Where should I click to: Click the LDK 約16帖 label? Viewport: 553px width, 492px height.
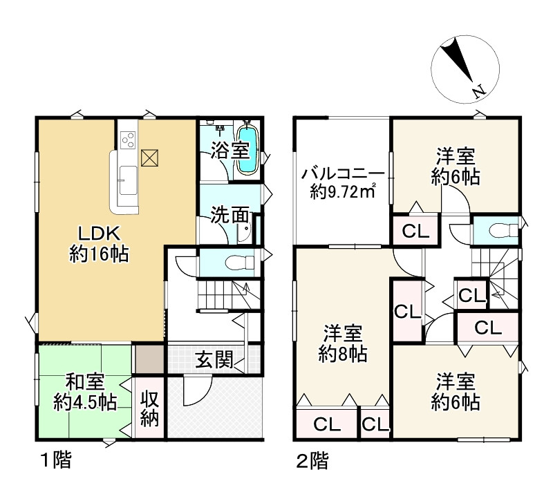coord(98,245)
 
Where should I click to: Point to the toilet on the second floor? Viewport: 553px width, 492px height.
coord(497,230)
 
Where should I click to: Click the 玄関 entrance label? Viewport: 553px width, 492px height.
coord(212,359)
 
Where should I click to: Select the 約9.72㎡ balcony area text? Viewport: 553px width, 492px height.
coord(343,192)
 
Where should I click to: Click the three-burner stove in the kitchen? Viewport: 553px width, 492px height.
coord(128,141)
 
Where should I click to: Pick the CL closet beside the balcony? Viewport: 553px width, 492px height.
coord(415,231)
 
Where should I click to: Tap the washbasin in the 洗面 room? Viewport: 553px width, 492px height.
coord(245,236)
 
